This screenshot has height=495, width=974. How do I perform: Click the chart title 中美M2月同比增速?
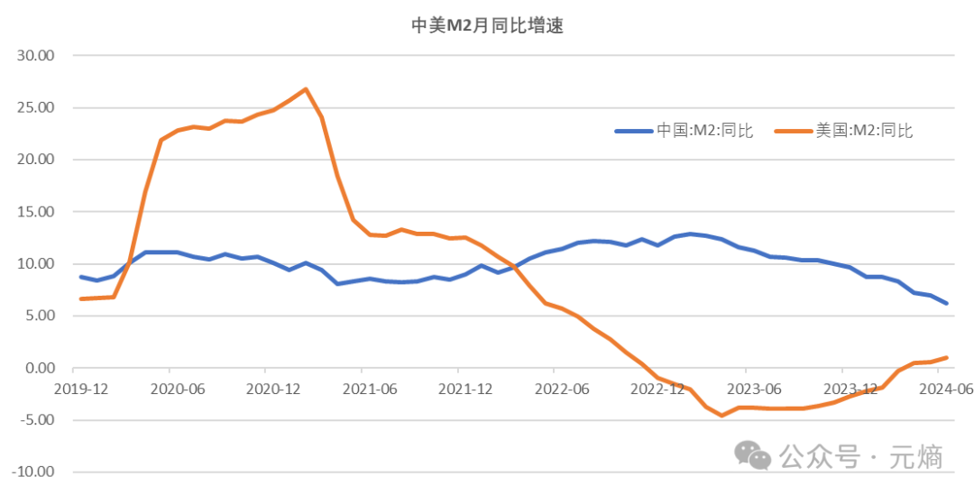pos(487,25)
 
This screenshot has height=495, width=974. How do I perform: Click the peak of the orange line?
pos(306,88)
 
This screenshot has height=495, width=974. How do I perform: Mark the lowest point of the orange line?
pos(721,416)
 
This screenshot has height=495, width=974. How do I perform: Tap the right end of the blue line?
pos(947,303)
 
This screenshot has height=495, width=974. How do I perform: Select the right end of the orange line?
pos(947,357)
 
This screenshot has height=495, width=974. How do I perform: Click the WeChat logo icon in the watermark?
pos(752,456)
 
